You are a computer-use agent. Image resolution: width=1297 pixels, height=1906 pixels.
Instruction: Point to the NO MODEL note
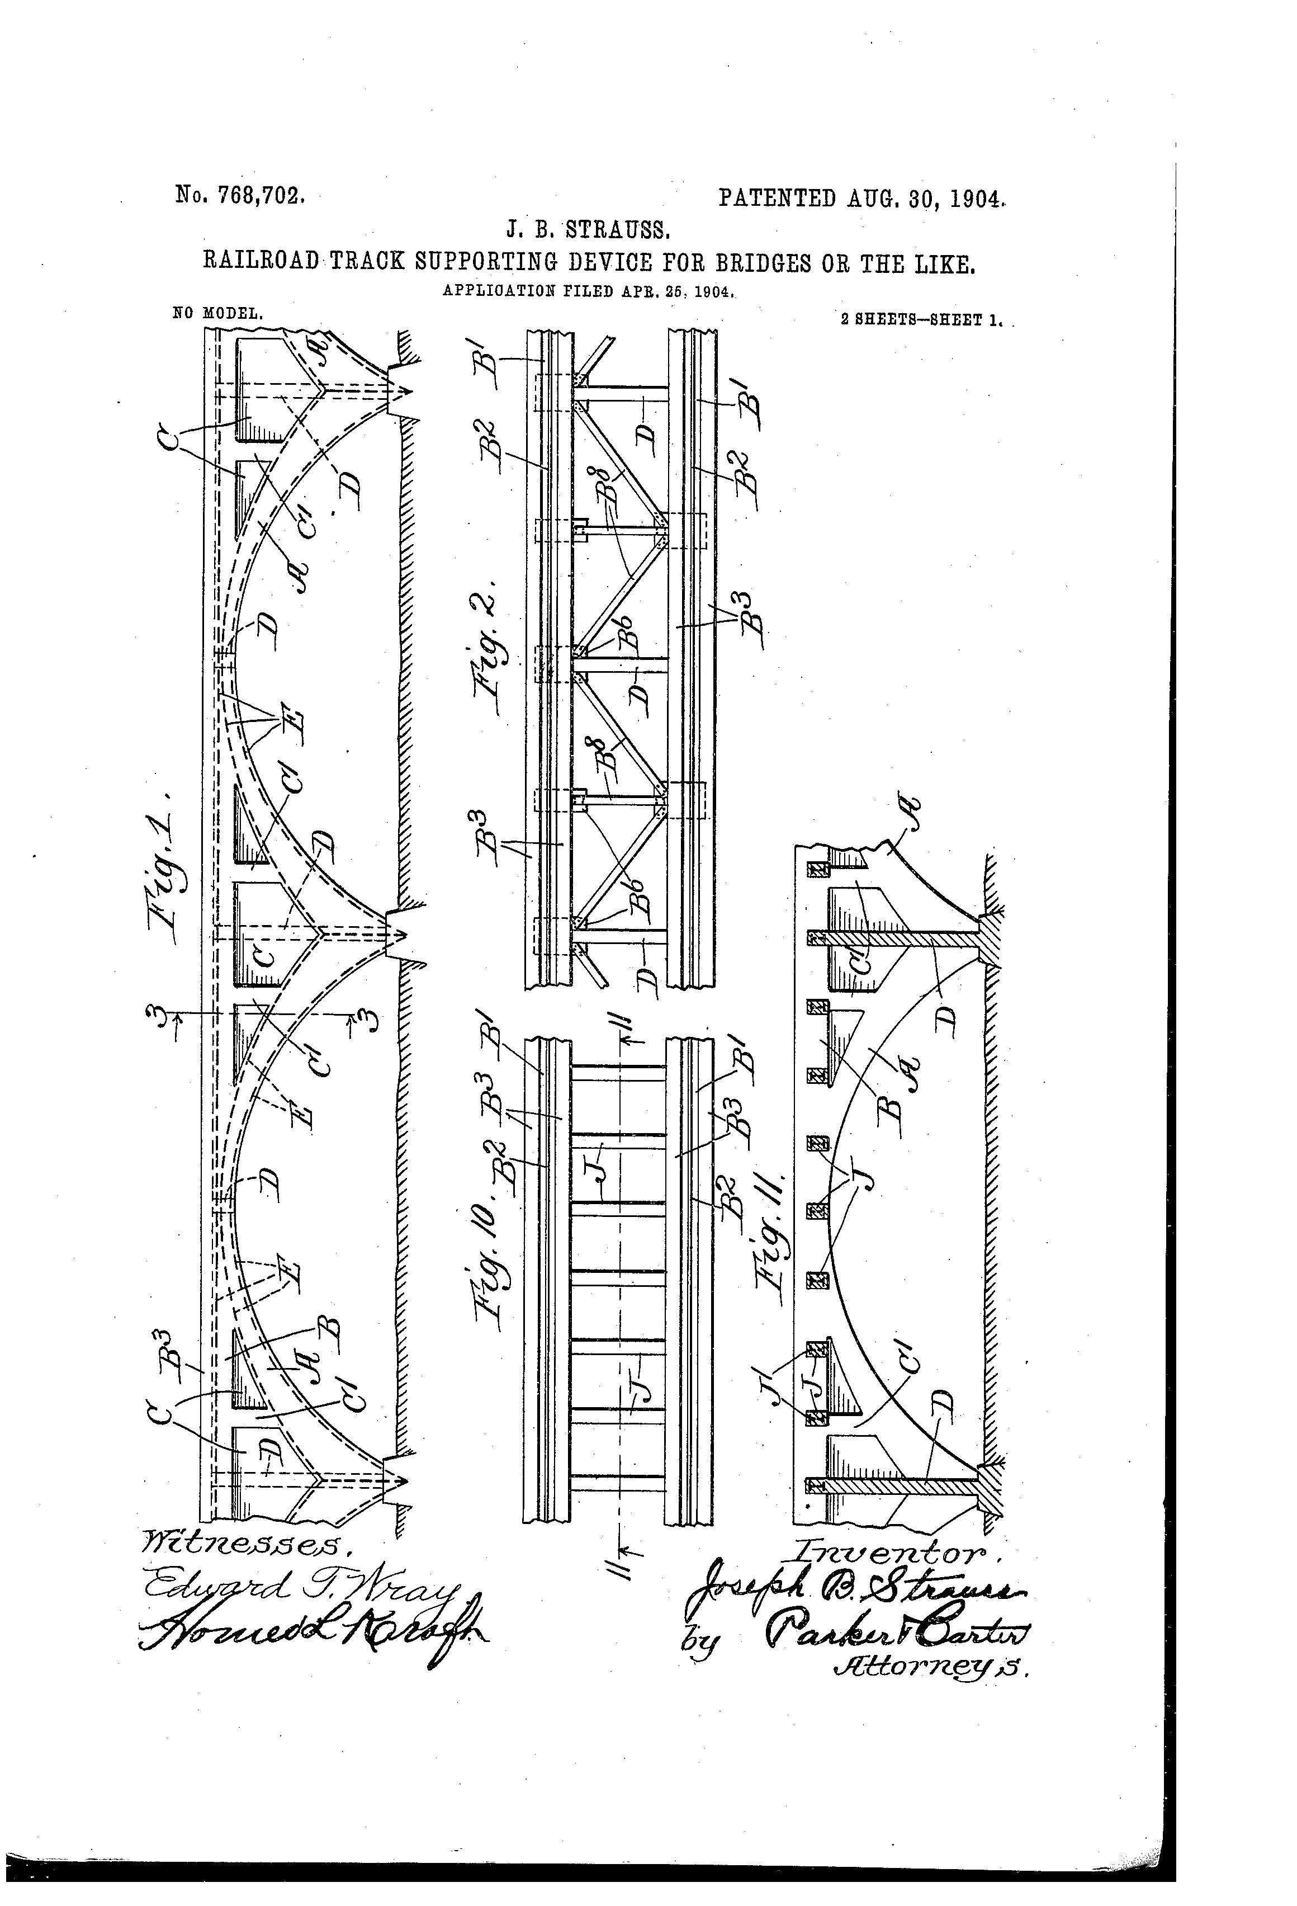pyautogui.click(x=218, y=313)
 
